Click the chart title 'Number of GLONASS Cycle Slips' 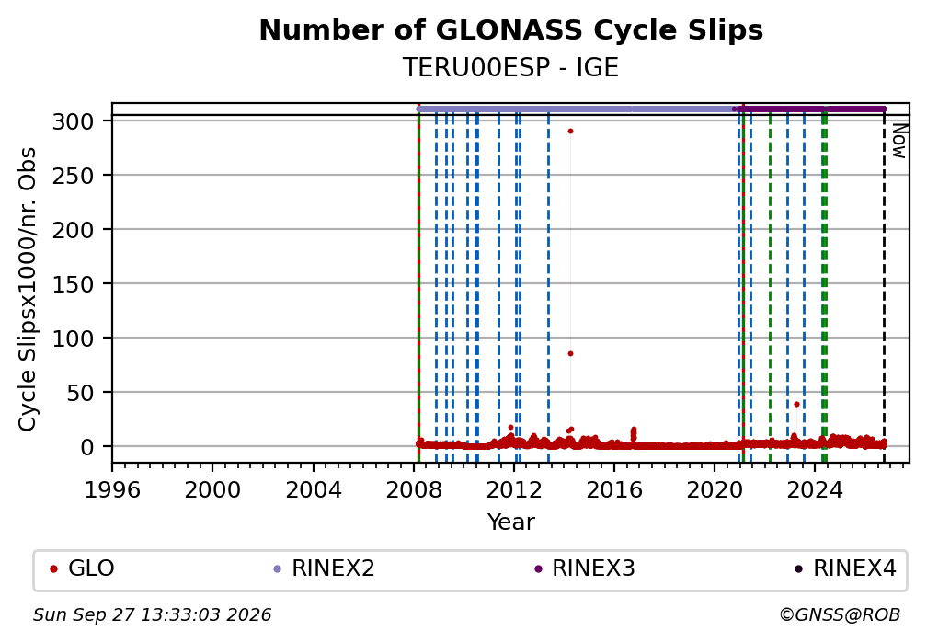(510, 30)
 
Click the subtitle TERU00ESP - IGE (510, 68)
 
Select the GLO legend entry (82, 568)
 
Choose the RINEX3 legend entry (584, 568)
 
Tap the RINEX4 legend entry (845, 568)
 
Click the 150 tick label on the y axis (74, 284)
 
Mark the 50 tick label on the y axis (81, 393)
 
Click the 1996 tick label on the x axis (112, 489)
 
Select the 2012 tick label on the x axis (514, 489)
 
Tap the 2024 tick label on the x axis (815, 489)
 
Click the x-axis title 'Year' (510, 522)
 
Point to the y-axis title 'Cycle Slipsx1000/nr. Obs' (28, 289)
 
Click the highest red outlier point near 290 (570, 132)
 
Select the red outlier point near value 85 (570, 354)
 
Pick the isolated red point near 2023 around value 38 (796, 405)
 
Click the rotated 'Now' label (898, 141)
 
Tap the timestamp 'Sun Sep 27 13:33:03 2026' (152, 615)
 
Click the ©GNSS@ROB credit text (840, 615)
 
